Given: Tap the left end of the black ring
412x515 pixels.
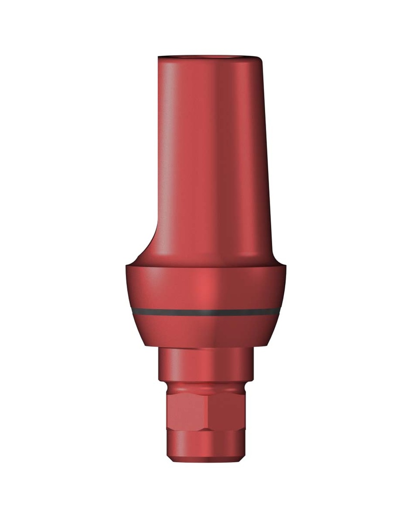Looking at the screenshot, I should point(132,311).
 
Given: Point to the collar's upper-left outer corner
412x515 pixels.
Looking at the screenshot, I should point(127,267).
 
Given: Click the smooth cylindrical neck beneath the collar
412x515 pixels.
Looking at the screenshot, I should point(206,365).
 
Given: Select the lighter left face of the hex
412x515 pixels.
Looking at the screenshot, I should point(186,410).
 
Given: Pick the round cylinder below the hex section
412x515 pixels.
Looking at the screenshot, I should point(206,445).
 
